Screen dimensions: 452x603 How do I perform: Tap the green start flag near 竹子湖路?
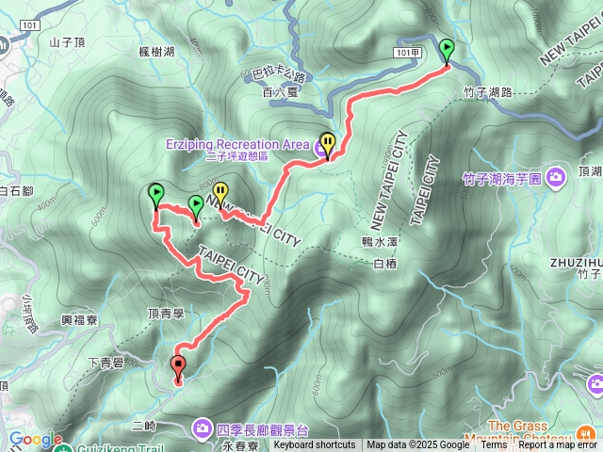pyautogui.click(x=447, y=49)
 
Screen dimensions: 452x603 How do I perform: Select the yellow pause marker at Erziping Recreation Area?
pyautogui.click(x=328, y=143)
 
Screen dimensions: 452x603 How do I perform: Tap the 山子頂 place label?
pyautogui.click(x=67, y=41)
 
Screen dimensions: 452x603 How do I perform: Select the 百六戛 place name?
pyautogui.click(x=280, y=93)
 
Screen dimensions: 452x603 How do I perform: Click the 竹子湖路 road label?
pyautogui.click(x=487, y=91)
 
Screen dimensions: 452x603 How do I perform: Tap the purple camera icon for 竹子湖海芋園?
pyautogui.click(x=557, y=176)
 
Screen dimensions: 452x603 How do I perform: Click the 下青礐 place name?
pyautogui.click(x=106, y=362)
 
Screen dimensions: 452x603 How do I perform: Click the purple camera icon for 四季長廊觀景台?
pyautogui.click(x=203, y=429)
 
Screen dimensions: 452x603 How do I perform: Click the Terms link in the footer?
pyautogui.click(x=494, y=445)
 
